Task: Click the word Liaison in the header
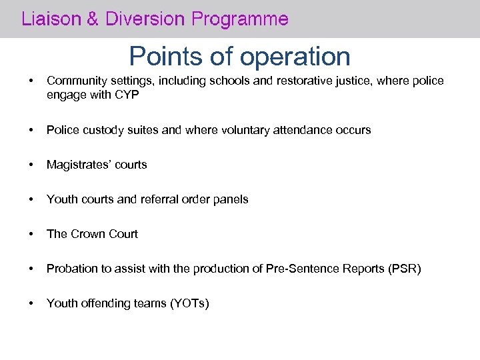click(x=48, y=19)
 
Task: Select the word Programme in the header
click(x=240, y=19)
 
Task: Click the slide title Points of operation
click(x=239, y=57)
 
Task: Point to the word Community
click(x=75, y=81)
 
